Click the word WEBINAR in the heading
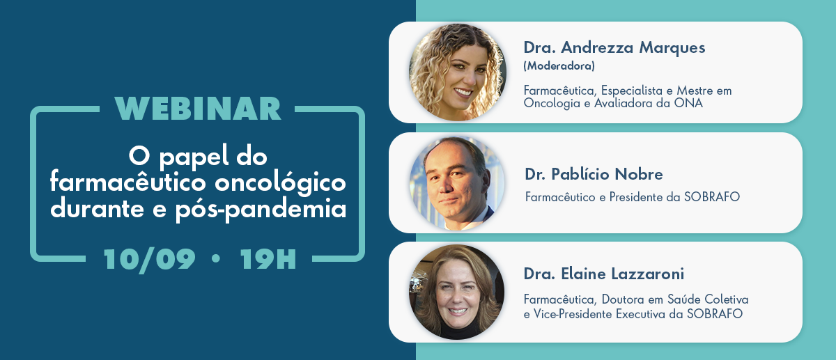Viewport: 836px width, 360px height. (198, 109)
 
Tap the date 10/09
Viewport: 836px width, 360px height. (149, 260)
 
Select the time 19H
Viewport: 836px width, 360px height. (268, 259)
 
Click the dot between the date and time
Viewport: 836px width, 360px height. (216, 258)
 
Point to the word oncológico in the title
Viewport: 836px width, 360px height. (280, 184)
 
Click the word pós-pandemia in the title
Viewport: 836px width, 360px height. (261, 210)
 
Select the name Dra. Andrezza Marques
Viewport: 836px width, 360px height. (614, 48)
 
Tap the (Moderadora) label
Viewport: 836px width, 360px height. (559, 66)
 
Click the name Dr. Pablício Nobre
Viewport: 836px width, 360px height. (594, 174)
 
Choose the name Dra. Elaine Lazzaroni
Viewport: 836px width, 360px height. (604, 274)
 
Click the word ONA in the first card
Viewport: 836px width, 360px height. (688, 103)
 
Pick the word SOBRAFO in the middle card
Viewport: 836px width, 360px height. (712, 197)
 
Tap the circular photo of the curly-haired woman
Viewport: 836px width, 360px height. (457, 72)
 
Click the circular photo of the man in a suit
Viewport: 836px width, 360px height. (457, 183)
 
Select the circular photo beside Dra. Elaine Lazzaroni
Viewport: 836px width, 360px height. (457, 292)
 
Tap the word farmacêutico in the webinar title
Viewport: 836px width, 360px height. (128, 182)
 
